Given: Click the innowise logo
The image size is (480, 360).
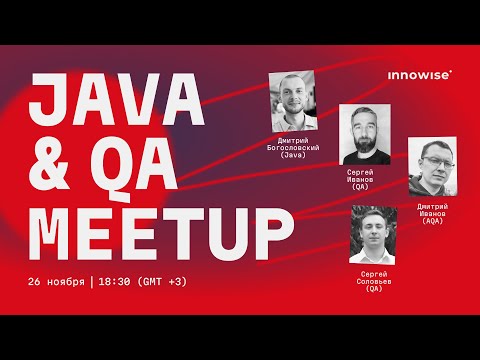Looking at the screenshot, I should (x=419, y=73).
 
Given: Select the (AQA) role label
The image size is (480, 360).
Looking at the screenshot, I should (x=438, y=220).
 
